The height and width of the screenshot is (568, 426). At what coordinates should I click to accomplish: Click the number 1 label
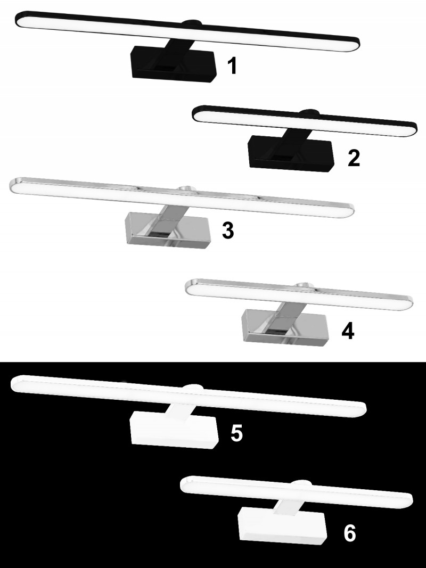tap(232, 66)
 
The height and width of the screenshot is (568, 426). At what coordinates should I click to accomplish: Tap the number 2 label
tap(354, 158)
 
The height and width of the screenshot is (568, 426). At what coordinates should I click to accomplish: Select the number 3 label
tap(228, 230)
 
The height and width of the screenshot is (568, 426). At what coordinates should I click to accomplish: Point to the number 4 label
tap(348, 331)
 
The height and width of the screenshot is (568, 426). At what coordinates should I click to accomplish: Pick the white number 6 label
tap(349, 533)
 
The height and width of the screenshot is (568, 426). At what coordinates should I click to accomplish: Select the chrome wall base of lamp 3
tap(167, 231)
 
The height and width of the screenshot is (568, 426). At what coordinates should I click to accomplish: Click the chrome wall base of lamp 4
tap(285, 327)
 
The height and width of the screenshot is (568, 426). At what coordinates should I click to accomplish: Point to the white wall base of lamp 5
tap(174, 430)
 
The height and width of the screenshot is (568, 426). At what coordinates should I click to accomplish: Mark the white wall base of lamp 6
tap(282, 525)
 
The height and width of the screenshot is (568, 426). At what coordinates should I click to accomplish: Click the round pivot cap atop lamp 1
tap(192, 23)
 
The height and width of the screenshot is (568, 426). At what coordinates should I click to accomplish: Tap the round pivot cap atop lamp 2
tap(309, 112)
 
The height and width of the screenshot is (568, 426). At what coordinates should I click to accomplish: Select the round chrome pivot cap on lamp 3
tap(187, 188)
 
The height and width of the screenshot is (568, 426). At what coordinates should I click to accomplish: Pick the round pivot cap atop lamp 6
tap(301, 483)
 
